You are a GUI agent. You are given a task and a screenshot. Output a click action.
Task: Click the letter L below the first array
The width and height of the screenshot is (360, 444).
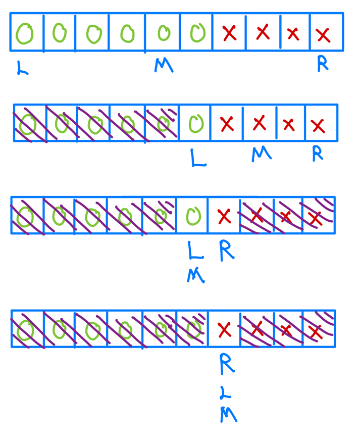pyautogui.click(x=22, y=68)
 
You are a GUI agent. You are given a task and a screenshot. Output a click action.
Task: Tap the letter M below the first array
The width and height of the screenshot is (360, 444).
pyautogui.click(x=164, y=64)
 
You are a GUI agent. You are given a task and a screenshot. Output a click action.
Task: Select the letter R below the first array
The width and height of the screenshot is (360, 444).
pyautogui.click(x=323, y=64)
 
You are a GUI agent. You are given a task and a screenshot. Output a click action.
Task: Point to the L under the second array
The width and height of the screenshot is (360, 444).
pyautogui.click(x=198, y=158)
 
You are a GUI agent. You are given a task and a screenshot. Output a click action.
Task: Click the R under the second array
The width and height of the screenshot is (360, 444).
pyautogui.click(x=318, y=153)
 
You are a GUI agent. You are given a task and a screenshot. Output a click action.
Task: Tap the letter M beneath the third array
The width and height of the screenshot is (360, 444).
pyautogui.click(x=195, y=275)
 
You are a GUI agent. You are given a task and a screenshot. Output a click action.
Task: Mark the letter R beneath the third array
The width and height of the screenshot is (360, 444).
pyautogui.click(x=227, y=251)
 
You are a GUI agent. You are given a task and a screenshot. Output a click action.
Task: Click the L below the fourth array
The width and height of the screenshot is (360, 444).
pyautogui.click(x=226, y=393)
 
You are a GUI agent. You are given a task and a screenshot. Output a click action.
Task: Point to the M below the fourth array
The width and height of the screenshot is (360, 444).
pyautogui.click(x=228, y=415)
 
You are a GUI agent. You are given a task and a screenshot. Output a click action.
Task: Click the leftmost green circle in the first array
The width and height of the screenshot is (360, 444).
pyautogui.click(x=25, y=33)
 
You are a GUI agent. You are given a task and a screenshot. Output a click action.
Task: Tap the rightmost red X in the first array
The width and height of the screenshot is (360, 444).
pyautogui.click(x=323, y=35)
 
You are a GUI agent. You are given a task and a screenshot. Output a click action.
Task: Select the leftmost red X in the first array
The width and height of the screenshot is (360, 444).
pyautogui.click(x=229, y=33)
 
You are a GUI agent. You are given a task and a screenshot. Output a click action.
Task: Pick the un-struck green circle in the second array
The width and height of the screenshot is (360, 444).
pyautogui.click(x=195, y=123)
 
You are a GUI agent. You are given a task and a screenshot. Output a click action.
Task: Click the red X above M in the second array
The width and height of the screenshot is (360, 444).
pyautogui.click(x=259, y=123)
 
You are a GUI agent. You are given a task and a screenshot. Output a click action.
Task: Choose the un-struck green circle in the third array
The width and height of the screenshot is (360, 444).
pyautogui.click(x=192, y=216)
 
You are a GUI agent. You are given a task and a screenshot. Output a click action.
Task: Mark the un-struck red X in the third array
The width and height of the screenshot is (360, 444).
pyautogui.click(x=224, y=217)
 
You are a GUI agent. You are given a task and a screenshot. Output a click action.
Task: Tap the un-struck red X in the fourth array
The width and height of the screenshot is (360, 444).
pyautogui.click(x=224, y=330)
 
